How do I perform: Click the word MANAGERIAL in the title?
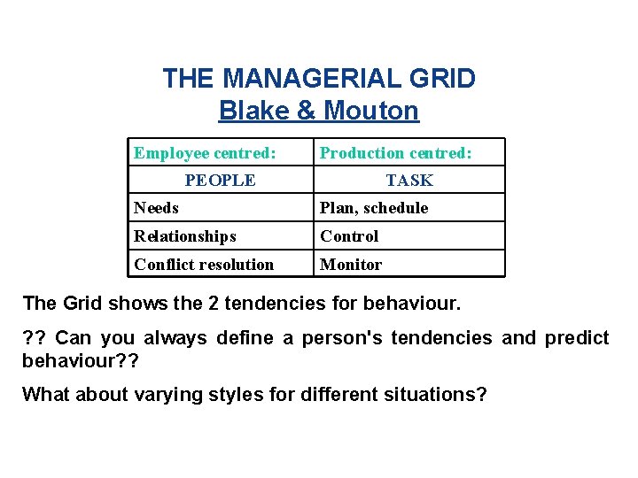coord(315,79)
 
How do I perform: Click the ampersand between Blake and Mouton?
coord(303,111)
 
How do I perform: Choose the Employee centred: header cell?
coord(205,153)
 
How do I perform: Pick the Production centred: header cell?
coord(396,153)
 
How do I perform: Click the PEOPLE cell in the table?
coord(220,181)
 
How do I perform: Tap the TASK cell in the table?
coord(409,181)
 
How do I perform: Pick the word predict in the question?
coord(577,338)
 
